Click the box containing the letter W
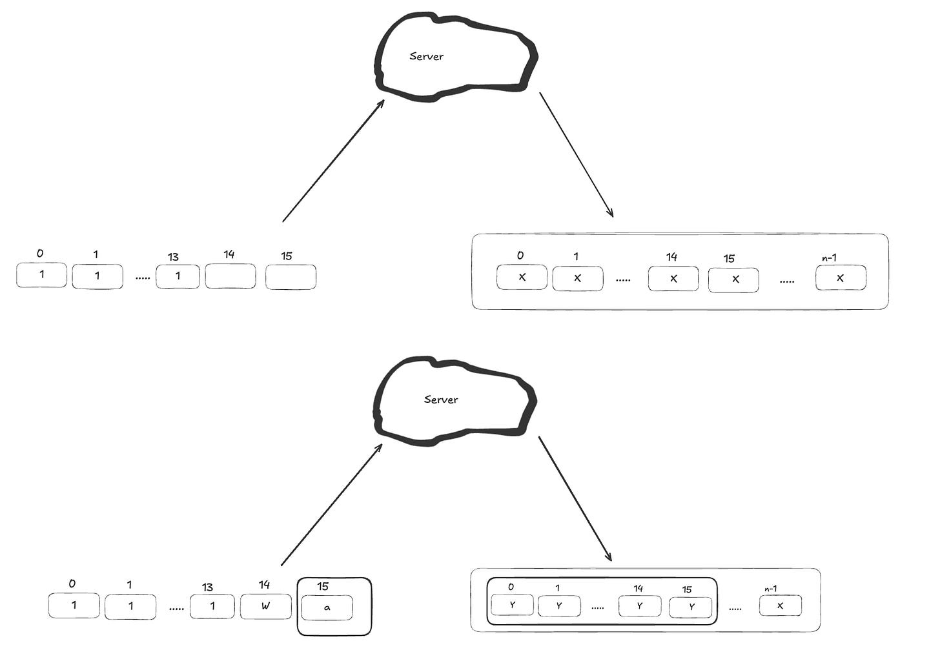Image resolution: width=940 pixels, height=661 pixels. pos(266,607)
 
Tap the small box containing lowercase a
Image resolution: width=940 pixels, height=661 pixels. pos(327,607)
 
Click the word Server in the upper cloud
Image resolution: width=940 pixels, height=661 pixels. pos(427,56)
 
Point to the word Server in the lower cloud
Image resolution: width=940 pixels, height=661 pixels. pos(441,400)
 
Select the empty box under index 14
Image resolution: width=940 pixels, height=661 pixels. pos(230,276)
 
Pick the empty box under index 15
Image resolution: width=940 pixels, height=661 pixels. pos(291,277)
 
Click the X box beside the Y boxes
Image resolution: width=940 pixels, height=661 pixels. pos(781,606)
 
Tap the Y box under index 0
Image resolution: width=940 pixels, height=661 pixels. pos(513,605)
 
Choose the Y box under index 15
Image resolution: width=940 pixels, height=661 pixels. pos(691,607)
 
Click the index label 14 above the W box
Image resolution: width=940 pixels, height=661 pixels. pos(264,585)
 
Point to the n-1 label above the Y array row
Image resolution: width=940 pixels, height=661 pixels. pos(770,589)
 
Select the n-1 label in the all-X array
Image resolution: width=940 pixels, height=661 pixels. pos(830,258)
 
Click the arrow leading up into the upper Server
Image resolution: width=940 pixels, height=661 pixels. pos(333,161)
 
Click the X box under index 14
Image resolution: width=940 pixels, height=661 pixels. pos(673,279)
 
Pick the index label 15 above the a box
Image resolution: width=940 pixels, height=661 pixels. pos(323,587)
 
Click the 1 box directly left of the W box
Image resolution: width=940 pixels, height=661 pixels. pos(212,607)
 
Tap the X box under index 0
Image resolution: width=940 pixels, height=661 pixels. pos(522,278)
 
